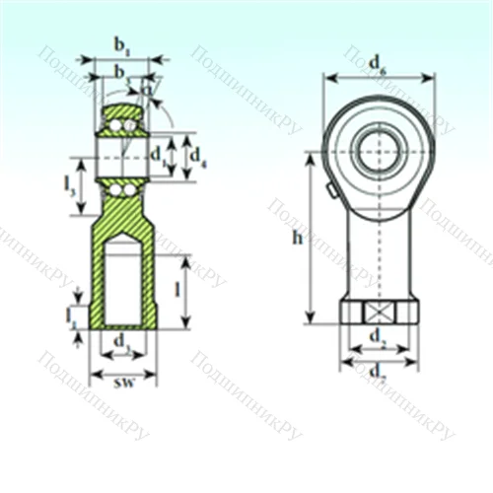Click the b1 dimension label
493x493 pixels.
121,44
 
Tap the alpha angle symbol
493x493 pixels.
148,89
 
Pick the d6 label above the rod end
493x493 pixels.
378,64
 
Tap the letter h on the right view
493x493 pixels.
298,238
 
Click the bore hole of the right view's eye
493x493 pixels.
379,152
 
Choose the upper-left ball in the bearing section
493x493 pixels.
115,125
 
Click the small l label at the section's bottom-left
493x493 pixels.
71,316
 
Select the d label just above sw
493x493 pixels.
121,341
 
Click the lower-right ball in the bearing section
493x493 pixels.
131,187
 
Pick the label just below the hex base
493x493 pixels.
378,338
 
